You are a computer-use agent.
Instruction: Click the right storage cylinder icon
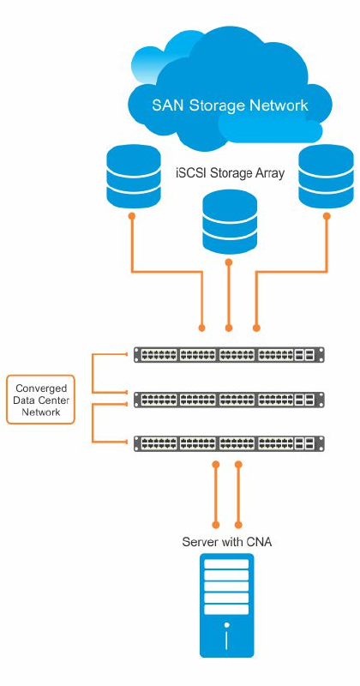pyautogui.click(x=326, y=177)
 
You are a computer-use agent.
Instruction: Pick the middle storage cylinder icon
pyautogui.click(x=229, y=221)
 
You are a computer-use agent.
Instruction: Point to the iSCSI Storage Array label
pyautogui.click(x=229, y=173)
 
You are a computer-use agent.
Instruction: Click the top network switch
pyautogui.click(x=229, y=354)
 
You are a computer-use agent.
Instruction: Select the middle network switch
pyautogui.click(x=229, y=400)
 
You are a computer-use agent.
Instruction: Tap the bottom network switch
pyautogui.click(x=229, y=443)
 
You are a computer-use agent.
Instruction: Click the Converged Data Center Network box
pyautogui.click(x=40, y=400)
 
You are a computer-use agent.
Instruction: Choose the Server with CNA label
pyautogui.click(x=226, y=542)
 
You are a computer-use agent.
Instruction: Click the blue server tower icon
pyautogui.click(x=226, y=605)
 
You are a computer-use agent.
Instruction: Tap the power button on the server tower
pyautogui.click(x=226, y=625)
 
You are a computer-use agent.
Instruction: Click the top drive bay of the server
pyautogui.click(x=226, y=563)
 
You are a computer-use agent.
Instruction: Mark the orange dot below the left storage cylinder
pyautogui.click(x=132, y=216)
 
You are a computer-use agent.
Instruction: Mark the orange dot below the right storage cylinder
pyautogui.click(x=327, y=216)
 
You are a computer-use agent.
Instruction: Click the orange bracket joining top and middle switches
pyautogui.click(x=93, y=373)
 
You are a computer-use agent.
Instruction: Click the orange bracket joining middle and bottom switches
pyautogui.click(x=93, y=422)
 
